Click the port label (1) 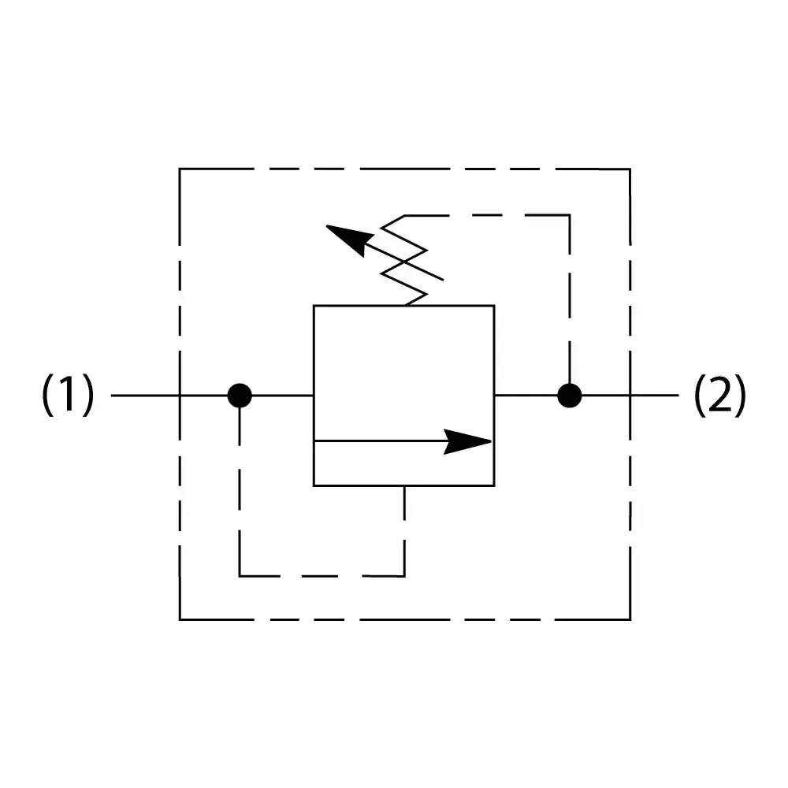(x=68, y=395)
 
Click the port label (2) (x=719, y=395)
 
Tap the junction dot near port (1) (x=240, y=395)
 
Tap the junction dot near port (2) (x=569, y=395)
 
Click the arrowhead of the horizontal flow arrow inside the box (x=470, y=441)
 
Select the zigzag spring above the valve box (x=405, y=260)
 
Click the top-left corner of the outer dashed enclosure (x=180, y=169)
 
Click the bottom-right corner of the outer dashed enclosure (x=630, y=619)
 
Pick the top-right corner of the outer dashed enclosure (x=630, y=169)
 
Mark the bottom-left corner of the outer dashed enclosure (x=180, y=619)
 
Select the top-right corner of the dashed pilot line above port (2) (x=569, y=215)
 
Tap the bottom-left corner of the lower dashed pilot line (x=240, y=575)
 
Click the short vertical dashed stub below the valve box (x=404, y=504)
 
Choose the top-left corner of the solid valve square (x=314, y=306)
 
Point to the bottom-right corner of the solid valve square (x=494, y=485)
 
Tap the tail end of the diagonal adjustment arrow (x=443, y=279)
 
